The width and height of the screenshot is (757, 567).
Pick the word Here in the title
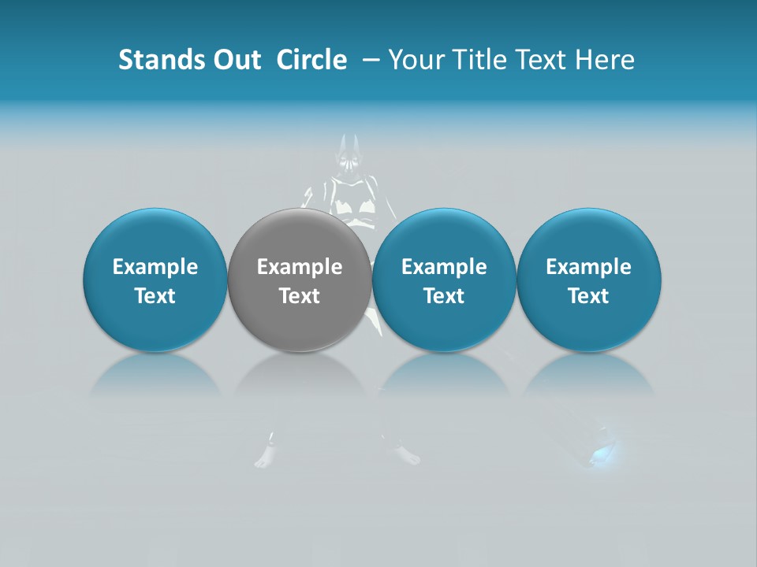click(604, 60)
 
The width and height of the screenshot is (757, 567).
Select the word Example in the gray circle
click(300, 267)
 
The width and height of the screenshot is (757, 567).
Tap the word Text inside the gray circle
click(300, 296)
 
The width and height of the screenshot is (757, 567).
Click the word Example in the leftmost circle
click(155, 267)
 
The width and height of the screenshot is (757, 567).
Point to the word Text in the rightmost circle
click(588, 296)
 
